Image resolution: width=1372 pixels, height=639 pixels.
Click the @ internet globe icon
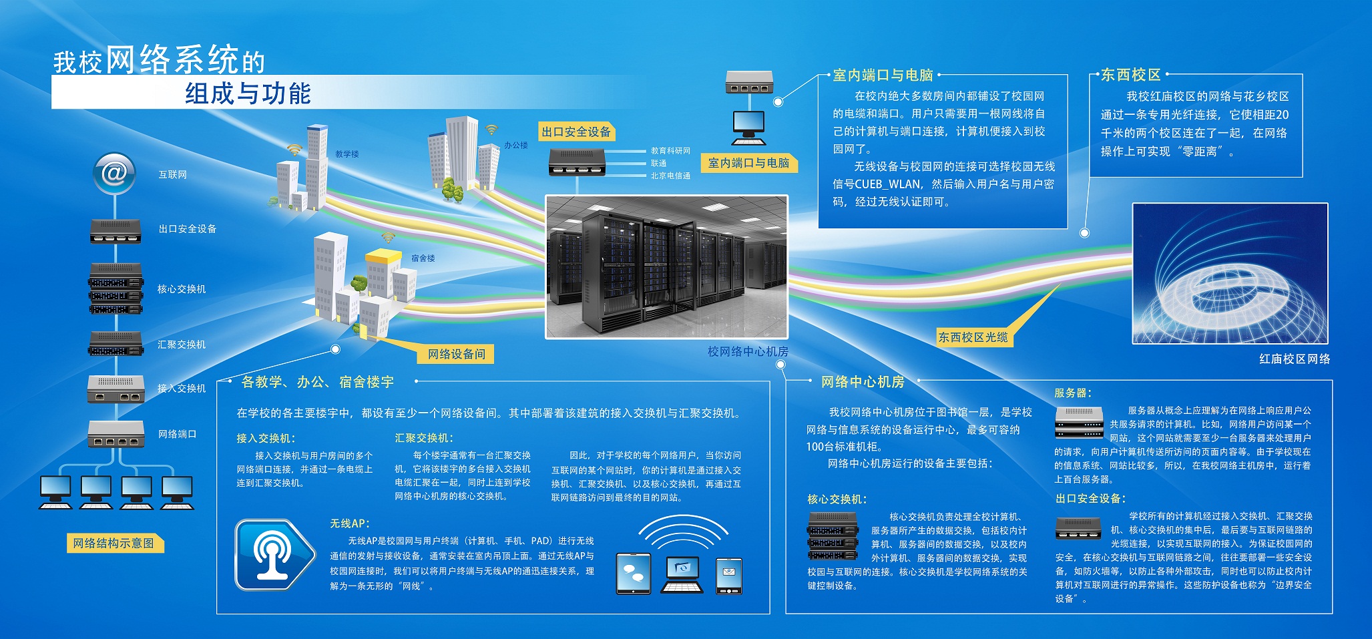pos(114,174)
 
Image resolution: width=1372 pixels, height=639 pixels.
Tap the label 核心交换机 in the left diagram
pos(182,289)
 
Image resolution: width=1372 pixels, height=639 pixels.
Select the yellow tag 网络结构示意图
pos(113,544)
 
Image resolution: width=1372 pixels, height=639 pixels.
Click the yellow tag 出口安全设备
pos(576,132)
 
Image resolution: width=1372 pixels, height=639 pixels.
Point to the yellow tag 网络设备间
pos(457,354)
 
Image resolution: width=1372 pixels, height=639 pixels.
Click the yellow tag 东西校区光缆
pos(973,337)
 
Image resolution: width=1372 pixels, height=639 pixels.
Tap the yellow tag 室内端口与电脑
pos(748,163)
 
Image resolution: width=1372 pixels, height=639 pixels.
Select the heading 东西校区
pos(1130,75)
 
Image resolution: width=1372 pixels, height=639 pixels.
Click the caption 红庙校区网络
pos(1295,359)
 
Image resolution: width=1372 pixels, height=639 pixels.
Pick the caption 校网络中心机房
pos(748,351)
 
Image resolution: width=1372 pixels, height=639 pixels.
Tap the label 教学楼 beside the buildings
pos(347,154)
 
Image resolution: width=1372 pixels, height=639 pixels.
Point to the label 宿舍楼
pos(423,258)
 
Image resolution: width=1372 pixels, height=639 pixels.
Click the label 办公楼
pos(516,145)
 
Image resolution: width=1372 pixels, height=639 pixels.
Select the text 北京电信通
pos(670,176)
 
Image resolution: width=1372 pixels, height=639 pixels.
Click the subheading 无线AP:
pos(350,523)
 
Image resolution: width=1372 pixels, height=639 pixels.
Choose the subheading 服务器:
pos(1073,393)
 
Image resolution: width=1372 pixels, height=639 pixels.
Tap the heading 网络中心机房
pos(863,382)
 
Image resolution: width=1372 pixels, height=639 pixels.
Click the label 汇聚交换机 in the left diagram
pos(182,345)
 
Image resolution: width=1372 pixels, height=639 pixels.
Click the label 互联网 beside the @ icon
pos(173,175)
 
